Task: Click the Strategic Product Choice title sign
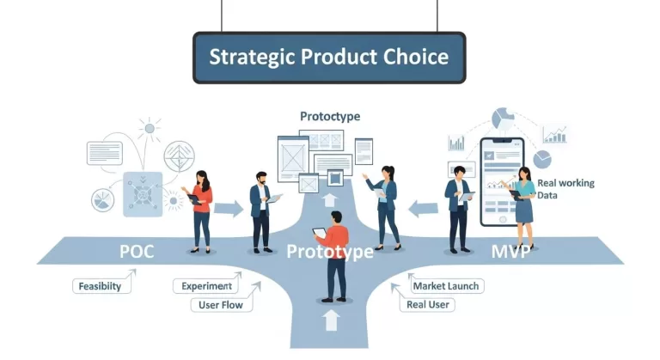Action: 329,58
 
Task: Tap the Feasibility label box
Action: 101,286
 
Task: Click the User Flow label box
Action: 221,304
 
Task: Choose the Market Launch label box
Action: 446,286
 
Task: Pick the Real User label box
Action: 431,304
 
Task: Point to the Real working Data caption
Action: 565,189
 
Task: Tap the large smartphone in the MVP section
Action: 501,180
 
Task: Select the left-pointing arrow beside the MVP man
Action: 423,207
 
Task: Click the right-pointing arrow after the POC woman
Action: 228,208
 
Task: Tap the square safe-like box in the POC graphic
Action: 141,191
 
